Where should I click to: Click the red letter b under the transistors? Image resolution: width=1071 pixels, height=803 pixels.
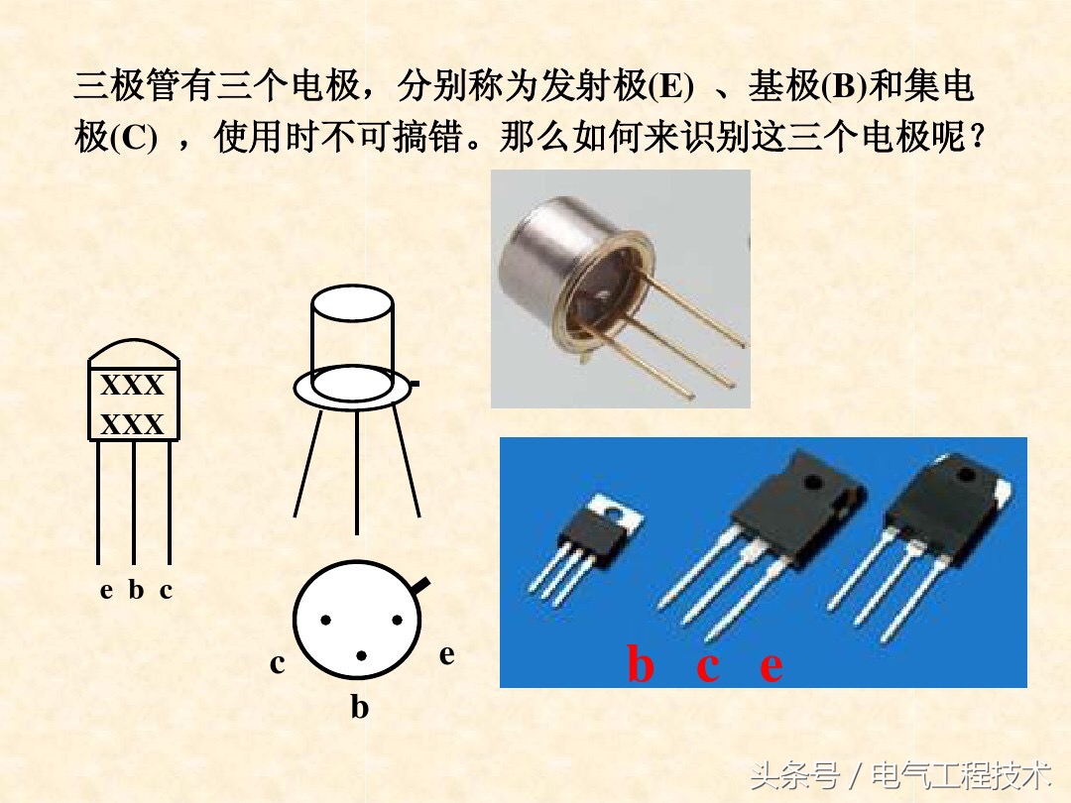click(641, 665)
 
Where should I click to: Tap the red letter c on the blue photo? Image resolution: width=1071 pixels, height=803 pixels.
click(707, 665)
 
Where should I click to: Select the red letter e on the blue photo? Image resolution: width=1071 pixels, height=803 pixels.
click(771, 665)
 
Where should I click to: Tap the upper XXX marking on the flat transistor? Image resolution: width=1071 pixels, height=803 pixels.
click(133, 385)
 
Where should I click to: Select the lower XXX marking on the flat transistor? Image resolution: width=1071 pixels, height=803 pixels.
click(133, 425)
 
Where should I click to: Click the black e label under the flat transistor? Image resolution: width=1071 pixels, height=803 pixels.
click(107, 590)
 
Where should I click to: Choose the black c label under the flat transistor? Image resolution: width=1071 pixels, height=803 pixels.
click(166, 590)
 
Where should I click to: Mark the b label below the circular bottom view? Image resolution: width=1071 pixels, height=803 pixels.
click(359, 708)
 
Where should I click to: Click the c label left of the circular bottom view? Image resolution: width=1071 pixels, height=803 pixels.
click(277, 663)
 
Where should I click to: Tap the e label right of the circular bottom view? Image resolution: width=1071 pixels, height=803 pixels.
click(447, 654)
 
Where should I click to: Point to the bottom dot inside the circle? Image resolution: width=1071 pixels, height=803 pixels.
click(361, 655)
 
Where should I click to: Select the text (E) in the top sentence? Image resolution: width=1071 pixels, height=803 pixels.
click(671, 87)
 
